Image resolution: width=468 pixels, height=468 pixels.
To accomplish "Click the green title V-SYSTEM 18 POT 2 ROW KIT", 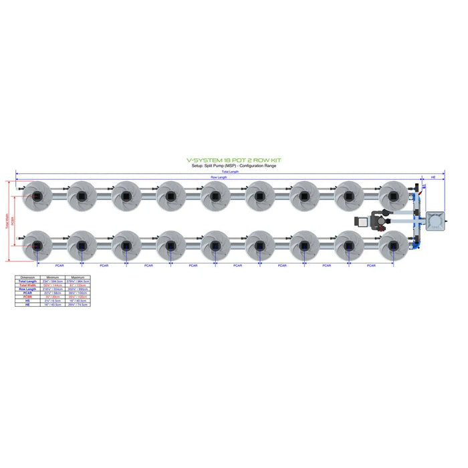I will tap(233, 160).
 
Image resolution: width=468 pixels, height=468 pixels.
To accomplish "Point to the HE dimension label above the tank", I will tap(433, 177).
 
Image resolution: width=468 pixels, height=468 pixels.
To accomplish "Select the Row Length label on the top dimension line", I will tap(219, 177).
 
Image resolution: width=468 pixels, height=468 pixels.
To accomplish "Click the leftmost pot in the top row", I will tap(37, 195).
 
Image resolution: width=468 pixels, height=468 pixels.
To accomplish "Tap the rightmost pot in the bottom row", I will tap(392, 245).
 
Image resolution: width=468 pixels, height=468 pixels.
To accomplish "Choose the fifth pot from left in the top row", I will tap(215, 195).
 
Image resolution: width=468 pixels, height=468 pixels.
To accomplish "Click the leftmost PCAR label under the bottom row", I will tap(59, 265).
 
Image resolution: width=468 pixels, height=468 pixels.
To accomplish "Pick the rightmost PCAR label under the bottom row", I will tap(370, 265).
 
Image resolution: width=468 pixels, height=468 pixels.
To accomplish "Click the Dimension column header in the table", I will tap(27, 276).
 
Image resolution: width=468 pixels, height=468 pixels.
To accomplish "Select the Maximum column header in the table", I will tap(74, 276).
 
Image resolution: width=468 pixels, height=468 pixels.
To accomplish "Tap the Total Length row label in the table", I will tap(27, 281).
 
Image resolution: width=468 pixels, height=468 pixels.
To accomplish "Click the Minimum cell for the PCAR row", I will tap(51, 293).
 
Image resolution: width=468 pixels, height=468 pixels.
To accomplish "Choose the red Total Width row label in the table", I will tap(27, 285).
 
